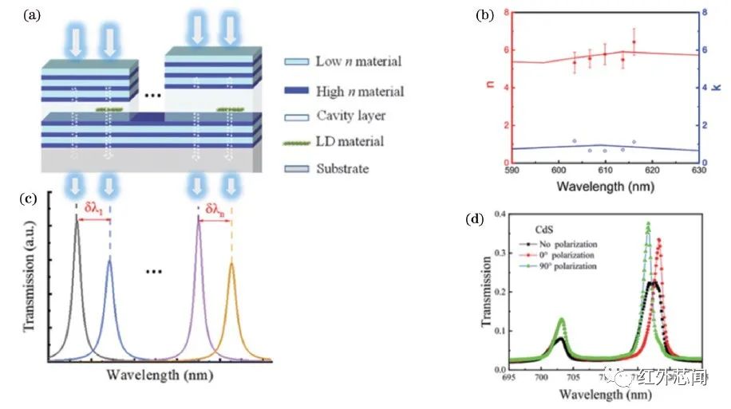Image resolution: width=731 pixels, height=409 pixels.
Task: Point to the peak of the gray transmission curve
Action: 77,218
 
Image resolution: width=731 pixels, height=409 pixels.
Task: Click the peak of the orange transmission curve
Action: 231,263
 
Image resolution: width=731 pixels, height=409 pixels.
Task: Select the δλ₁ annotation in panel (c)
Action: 93,212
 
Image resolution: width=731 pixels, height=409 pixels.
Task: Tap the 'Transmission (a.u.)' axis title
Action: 30,281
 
